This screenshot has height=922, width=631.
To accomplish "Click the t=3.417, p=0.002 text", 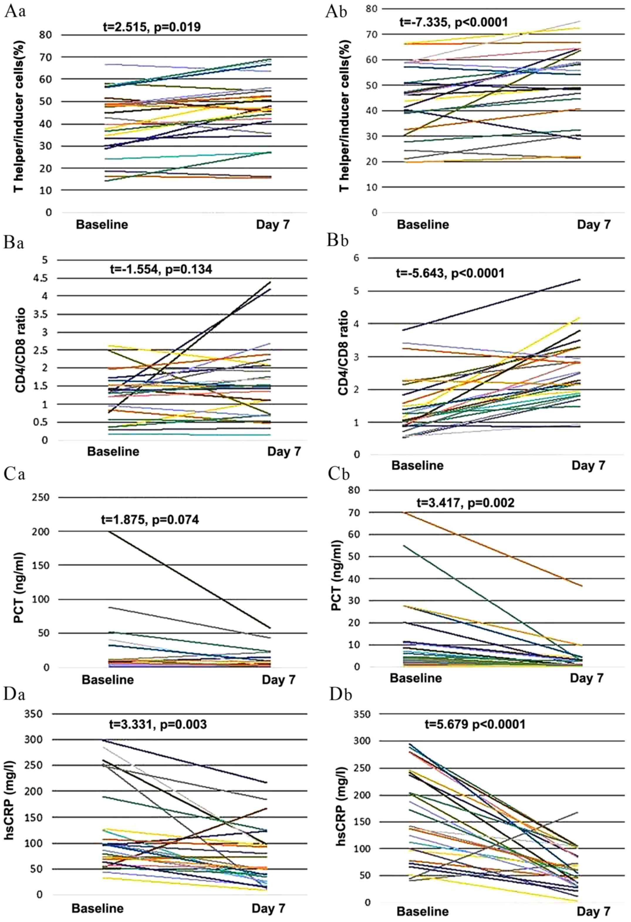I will [x=465, y=503].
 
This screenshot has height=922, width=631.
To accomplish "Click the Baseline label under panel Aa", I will [x=102, y=225].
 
